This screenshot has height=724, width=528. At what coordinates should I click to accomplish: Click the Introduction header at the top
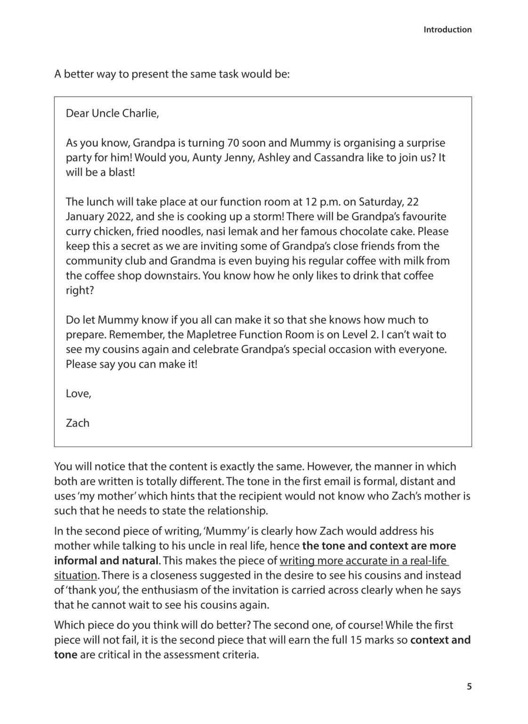(x=447, y=30)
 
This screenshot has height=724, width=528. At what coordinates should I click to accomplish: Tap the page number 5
(x=469, y=686)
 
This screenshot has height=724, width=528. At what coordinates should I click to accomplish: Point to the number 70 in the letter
(x=233, y=143)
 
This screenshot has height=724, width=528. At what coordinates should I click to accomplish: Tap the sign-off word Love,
(x=78, y=394)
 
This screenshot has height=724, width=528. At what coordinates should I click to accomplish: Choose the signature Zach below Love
(x=77, y=423)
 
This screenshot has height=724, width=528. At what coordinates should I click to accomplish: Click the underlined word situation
(x=75, y=576)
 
